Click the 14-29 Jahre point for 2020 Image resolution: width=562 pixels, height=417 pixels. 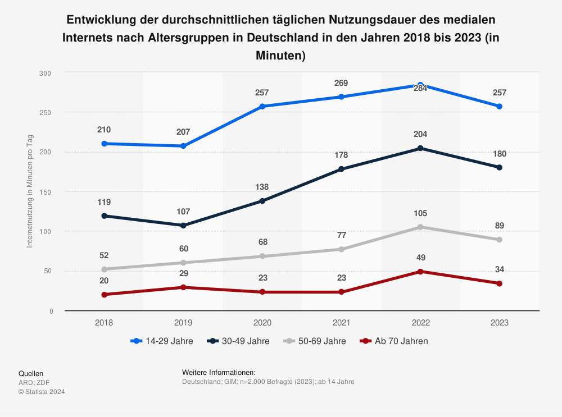pyautogui.click(x=262, y=107)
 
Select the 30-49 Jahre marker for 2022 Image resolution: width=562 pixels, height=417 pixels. pyautogui.click(x=420, y=148)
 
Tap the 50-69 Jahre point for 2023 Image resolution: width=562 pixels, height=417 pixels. pyautogui.click(x=500, y=240)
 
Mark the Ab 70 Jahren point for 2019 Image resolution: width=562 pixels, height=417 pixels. pyautogui.click(x=183, y=287)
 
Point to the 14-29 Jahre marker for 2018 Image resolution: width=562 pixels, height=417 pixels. pyautogui.click(x=104, y=144)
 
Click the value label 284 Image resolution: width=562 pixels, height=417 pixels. pyautogui.click(x=420, y=88)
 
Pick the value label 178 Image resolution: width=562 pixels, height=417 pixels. pyautogui.click(x=341, y=155)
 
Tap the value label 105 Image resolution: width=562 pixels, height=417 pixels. pyautogui.click(x=420, y=213)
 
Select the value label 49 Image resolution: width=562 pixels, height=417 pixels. pyautogui.click(x=420, y=258)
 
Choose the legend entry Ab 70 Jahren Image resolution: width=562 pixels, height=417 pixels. pyautogui.click(x=401, y=341)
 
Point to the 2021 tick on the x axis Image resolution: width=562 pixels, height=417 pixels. pyautogui.click(x=341, y=323)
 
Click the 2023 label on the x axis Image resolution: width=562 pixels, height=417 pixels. pyautogui.click(x=500, y=323)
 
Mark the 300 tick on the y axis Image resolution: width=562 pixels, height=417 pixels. pyautogui.click(x=45, y=73)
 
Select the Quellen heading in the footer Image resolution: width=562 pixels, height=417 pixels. pyautogui.click(x=31, y=373)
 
